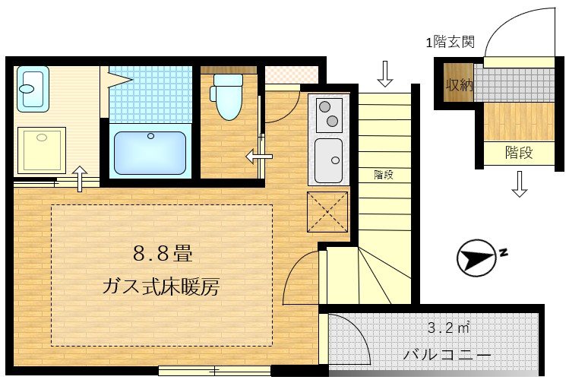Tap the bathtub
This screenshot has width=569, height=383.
tap(150, 152)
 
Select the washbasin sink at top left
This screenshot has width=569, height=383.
tap(32, 88)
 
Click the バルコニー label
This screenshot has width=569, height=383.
tap(447, 355)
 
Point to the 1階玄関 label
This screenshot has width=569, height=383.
tap(450, 43)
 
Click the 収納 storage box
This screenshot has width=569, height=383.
tap(460, 85)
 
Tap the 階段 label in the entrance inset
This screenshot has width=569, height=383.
tap(519, 153)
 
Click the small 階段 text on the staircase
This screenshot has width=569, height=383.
tap(384, 174)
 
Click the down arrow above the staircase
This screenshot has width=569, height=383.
tap(385, 74)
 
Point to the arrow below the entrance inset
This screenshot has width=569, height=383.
tap(519, 184)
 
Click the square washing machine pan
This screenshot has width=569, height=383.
tap(43, 150)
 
